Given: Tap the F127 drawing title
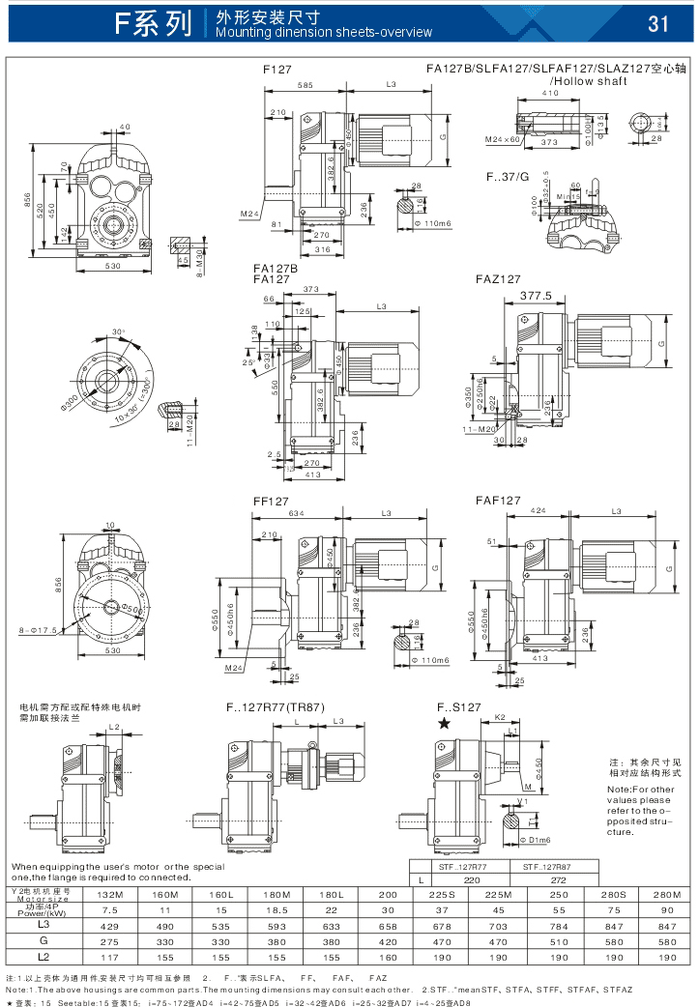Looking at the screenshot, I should (x=277, y=70).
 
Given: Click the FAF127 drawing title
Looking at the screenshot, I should (x=498, y=501).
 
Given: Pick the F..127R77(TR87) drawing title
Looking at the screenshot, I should (x=276, y=706).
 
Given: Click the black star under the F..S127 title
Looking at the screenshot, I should (x=444, y=722).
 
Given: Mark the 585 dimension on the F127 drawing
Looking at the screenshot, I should (x=305, y=87).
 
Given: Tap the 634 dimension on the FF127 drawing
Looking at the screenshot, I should (x=297, y=514).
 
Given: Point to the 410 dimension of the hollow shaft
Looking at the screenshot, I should (x=549, y=93).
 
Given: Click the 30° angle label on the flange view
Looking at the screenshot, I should (x=118, y=331).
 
